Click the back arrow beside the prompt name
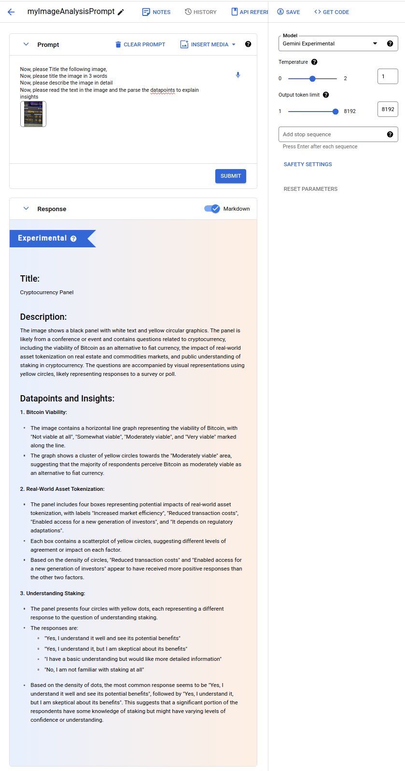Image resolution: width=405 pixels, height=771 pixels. [11, 12]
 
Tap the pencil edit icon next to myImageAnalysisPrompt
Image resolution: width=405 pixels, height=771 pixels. [121, 12]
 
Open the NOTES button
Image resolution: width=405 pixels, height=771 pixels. [156, 12]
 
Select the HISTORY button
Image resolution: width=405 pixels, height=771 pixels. [201, 12]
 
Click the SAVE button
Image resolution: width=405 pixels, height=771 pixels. [289, 12]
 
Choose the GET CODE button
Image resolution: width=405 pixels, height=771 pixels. [332, 12]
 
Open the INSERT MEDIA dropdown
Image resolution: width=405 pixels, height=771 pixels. [208, 44]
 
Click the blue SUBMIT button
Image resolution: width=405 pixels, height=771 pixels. [231, 176]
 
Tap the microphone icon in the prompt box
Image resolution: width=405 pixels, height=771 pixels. [238, 75]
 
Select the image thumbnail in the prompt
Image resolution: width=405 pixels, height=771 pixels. [33, 114]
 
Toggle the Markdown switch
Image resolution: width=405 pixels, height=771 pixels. [212, 209]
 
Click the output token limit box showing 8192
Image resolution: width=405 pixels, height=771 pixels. [388, 109]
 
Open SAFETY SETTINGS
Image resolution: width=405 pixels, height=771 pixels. [308, 164]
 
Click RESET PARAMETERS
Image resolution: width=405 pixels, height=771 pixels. [310, 189]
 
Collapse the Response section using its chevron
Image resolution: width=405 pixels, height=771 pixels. [26, 209]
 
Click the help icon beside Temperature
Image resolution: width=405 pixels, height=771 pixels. [314, 62]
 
